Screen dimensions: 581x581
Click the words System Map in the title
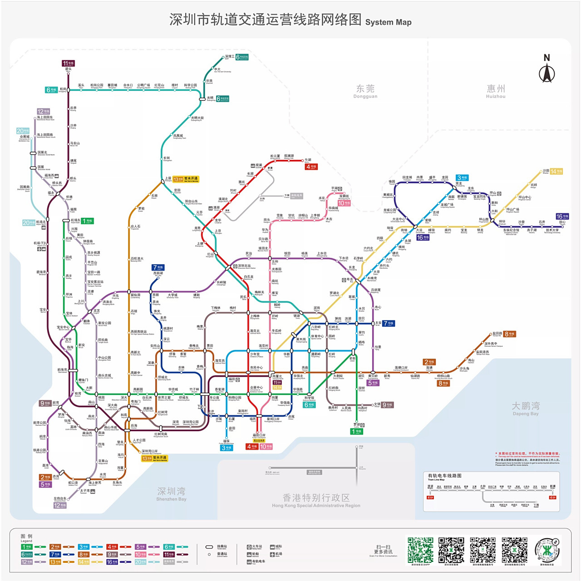point(388,22)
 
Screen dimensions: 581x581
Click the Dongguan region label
point(365,91)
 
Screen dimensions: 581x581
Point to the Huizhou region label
point(496,91)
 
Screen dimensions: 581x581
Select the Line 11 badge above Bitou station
point(68,63)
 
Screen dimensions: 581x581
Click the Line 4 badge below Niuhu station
point(311,167)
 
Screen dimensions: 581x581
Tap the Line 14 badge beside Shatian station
point(556,171)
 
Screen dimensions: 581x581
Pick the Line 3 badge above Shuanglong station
point(462,177)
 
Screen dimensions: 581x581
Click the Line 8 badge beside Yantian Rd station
point(509,334)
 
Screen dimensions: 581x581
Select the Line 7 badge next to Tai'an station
point(389,323)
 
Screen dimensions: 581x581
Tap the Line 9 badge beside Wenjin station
point(387,405)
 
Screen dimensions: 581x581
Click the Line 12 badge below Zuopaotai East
point(60,505)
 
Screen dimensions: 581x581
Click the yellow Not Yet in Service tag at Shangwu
point(186,179)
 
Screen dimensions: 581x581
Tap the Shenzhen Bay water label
point(171,493)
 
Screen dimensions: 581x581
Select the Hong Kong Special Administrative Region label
point(316,500)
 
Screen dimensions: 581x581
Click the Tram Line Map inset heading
point(445,476)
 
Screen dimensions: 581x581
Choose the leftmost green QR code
point(420,550)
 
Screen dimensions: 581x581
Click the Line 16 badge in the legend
point(112,561)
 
